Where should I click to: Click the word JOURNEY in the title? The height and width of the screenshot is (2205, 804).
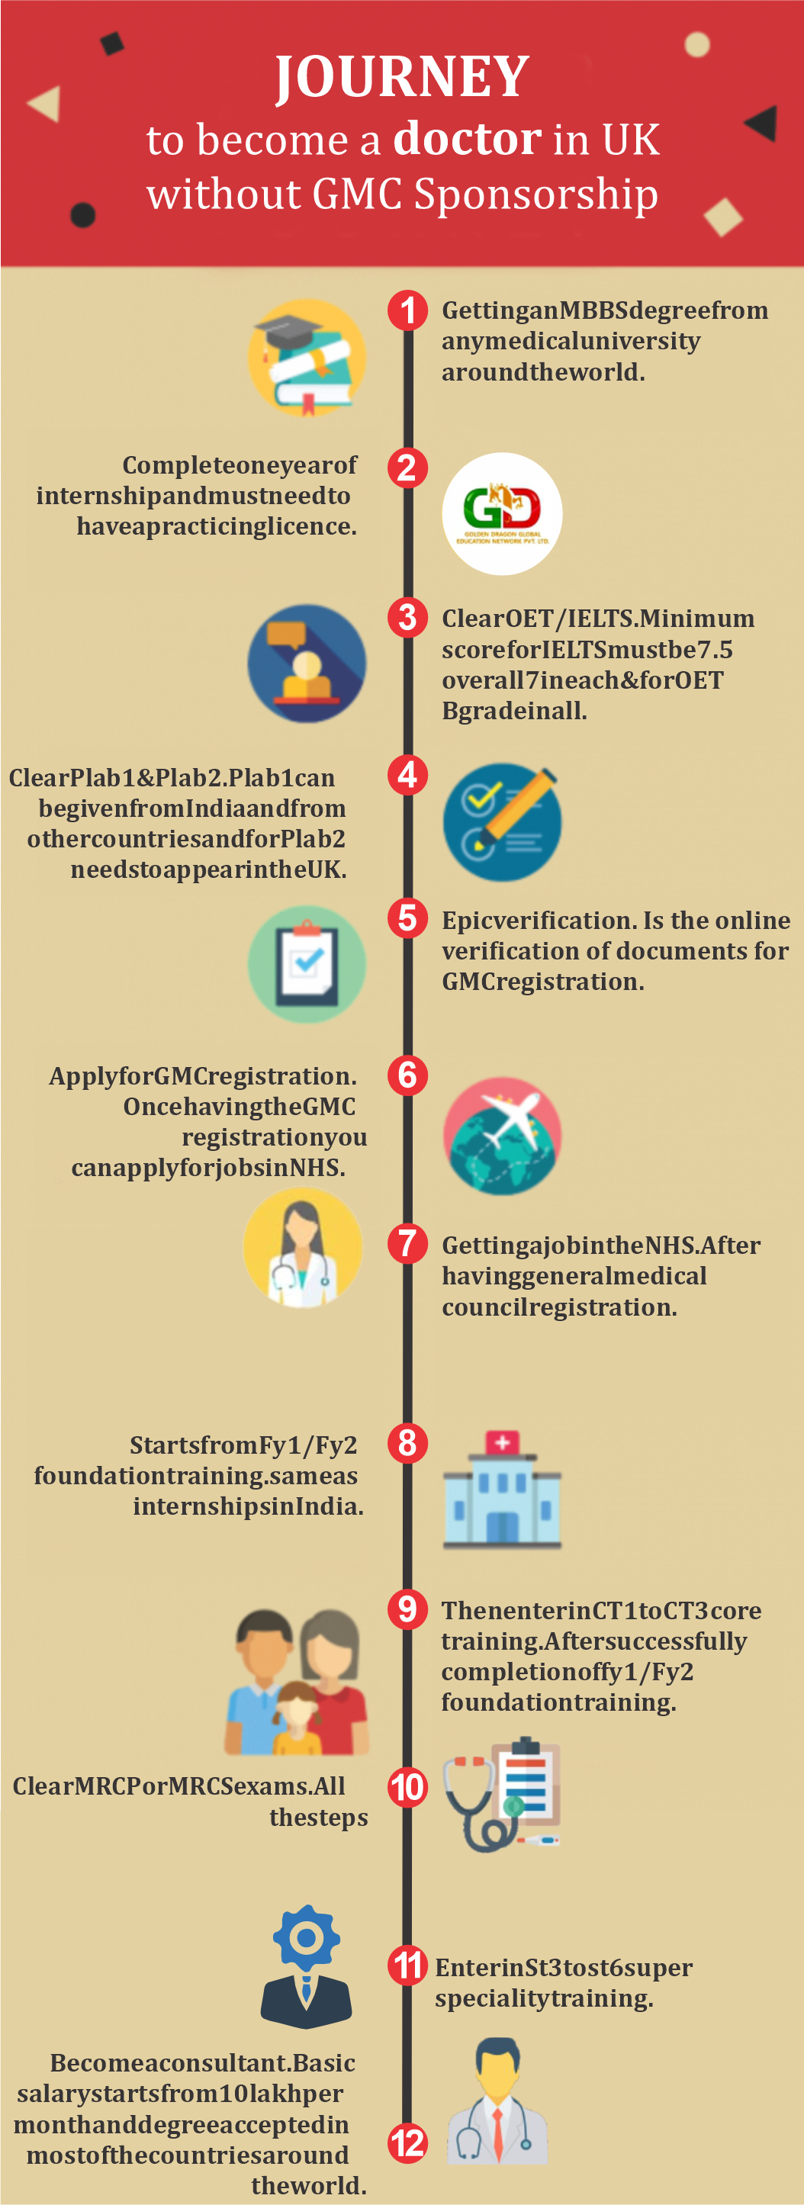pyautogui.click(x=401, y=77)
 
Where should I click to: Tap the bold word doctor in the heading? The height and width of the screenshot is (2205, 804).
pyautogui.click(x=467, y=138)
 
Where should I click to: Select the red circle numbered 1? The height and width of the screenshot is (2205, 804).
pyautogui.click(x=407, y=310)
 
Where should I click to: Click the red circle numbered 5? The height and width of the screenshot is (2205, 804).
pyautogui.click(x=407, y=918)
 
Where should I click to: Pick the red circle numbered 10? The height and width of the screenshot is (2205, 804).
pyautogui.click(x=407, y=1786)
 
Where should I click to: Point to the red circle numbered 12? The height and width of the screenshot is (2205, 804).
pyautogui.click(x=407, y=2142)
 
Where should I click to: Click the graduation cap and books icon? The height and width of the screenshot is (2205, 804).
pyautogui.click(x=307, y=358)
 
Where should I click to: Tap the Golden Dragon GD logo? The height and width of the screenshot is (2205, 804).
pyautogui.click(x=502, y=513)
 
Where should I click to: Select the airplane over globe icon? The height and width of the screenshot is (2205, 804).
pyautogui.click(x=503, y=1136)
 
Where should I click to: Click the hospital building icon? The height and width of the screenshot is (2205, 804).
pyautogui.click(x=502, y=1490)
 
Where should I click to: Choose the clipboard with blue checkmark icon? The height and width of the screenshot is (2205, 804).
pyautogui.click(x=307, y=965)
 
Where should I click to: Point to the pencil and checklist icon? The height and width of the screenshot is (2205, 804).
pyautogui.click(x=503, y=821)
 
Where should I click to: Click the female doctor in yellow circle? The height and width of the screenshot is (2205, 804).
pyautogui.click(x=302, y=1249)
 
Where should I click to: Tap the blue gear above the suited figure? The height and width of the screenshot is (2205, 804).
pyautogui.click(x=307, y=1937)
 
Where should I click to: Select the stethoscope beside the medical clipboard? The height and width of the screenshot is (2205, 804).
pyautogui.click(x=475, y=1798)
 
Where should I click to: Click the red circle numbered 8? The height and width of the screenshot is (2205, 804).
pyautogui.click(x=407, y=1442)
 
